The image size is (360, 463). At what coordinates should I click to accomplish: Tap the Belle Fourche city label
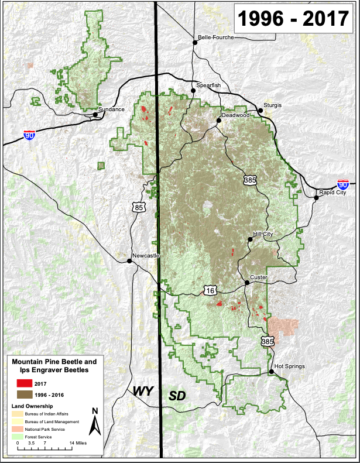point(216,37)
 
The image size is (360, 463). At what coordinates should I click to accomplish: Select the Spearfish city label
point(208,85)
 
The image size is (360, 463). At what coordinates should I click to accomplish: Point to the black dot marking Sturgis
point(260,110)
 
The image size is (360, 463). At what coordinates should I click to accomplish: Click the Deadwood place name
point(235,115)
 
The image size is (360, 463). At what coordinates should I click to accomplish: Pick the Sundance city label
point(111,109)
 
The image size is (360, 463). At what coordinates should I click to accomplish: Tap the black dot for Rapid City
point(316,198)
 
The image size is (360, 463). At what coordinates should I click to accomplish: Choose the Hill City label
point(263,234)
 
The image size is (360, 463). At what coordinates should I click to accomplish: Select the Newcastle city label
point(146,256)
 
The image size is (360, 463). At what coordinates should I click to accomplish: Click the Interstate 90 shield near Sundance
point(29,135)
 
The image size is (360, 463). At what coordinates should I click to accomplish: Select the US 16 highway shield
point(211,290)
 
